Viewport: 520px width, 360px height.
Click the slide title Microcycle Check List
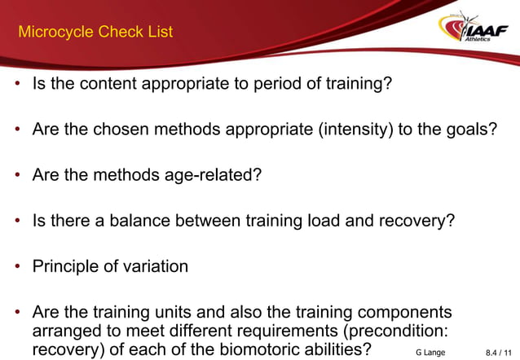tap(95, 33)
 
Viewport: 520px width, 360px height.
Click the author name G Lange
tap(430, 352)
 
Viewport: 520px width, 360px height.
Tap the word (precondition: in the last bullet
tap(386, 331)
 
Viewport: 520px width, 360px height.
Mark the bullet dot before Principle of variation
tap(16, 266)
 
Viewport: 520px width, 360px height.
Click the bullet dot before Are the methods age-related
tap(16, 174)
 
